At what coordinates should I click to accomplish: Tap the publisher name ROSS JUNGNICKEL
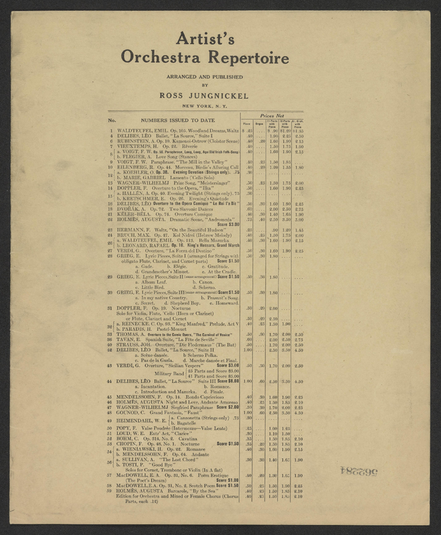click(220, 96)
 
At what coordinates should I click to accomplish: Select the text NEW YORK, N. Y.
click(220, 107)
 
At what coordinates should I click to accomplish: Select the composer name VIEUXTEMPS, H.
click(143, 147)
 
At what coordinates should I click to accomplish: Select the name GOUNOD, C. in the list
click(137, 431)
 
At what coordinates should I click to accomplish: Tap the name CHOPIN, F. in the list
click(135, 461)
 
